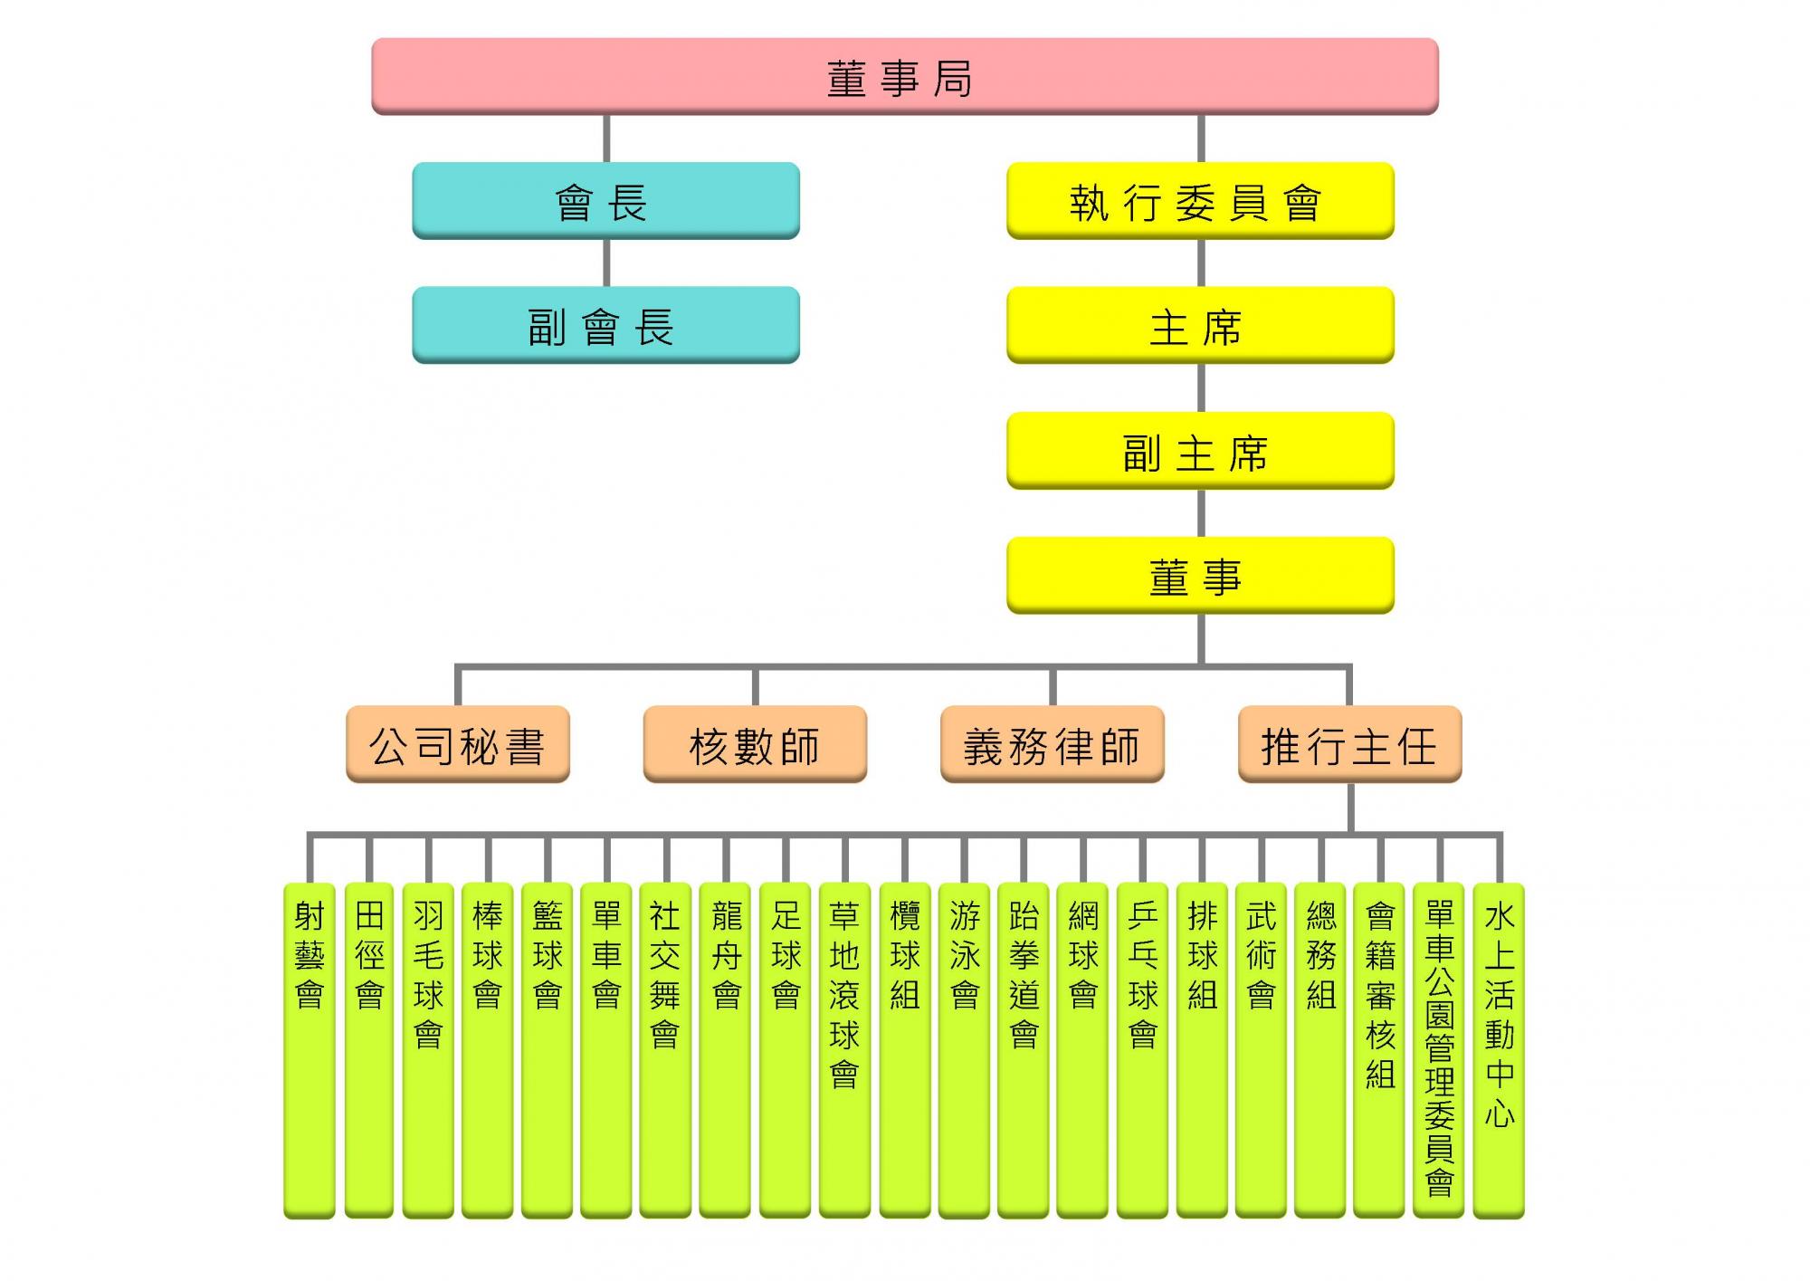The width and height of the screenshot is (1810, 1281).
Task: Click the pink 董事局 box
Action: click(x=904, y=77)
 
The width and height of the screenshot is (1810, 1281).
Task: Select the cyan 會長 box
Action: click(x=605, y=201)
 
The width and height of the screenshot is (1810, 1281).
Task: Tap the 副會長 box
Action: click(x=605, y=325)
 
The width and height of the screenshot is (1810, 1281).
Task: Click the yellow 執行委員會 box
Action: click(x=1200, y=201)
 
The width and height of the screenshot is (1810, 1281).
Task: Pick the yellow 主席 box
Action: click(x=1200, y=325)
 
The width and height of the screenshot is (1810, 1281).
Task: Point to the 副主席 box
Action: click(x=1200, y=451)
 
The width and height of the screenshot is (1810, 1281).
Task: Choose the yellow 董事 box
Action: click(x=1200, y=576)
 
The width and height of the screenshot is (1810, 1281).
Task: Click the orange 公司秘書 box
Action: click(x=458, y=744)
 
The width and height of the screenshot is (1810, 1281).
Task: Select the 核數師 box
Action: click(x=755, y=744)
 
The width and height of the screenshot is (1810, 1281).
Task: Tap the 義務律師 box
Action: click(x=1053, y=744)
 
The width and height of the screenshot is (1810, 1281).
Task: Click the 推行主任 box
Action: click(x=1349, y=744)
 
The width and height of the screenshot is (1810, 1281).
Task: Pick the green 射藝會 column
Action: click(x=310, y=1050)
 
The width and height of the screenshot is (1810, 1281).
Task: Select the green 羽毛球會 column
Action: click(x=428, y=1050)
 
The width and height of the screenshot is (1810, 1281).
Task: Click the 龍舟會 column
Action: click(x=726, y=1050)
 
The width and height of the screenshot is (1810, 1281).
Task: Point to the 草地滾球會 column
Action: click(x=844, y=1050)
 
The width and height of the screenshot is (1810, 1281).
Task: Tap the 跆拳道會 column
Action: click(x=1024, y=1050)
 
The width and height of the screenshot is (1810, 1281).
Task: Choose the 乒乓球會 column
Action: click(x=1142, y=1050)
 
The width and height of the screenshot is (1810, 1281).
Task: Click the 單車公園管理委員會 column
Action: click(x=1439, y=1050)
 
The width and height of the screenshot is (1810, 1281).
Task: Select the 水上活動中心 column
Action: click(x=1499, y=1050)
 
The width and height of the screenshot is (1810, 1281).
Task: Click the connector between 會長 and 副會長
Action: click(x=606, y=263)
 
